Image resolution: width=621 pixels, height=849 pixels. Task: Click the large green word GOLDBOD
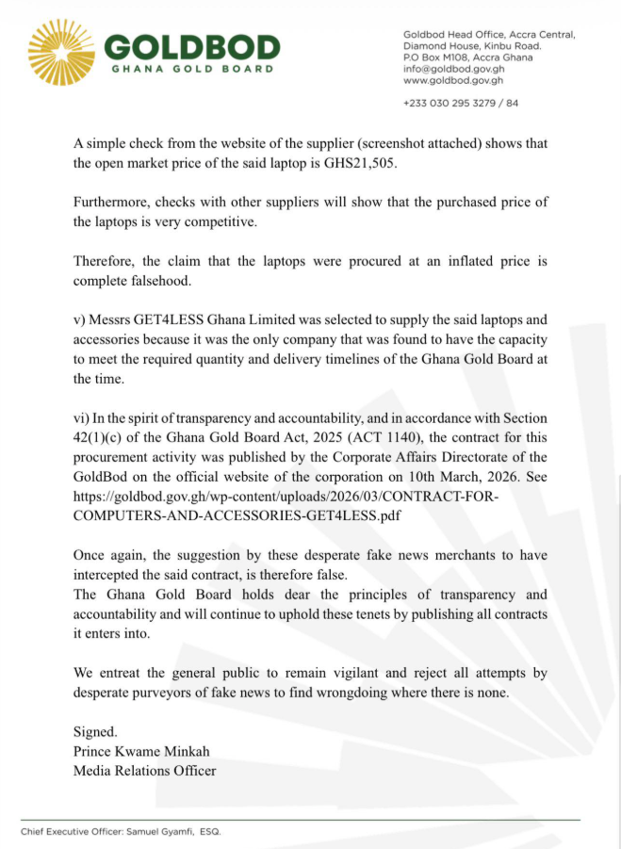pos(192,46)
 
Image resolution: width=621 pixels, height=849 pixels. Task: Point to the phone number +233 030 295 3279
pos(449,103)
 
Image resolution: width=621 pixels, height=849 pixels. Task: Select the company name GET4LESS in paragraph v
pos(166,321)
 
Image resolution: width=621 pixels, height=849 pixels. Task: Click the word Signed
pos(94,730)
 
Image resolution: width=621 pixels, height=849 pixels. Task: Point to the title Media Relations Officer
pos(144,770)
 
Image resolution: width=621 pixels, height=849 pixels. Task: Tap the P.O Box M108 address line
pos(467,57)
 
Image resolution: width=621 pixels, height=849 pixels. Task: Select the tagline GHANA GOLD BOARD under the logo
pos(192,69)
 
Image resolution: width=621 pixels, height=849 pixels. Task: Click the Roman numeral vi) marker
pos(81,417)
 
